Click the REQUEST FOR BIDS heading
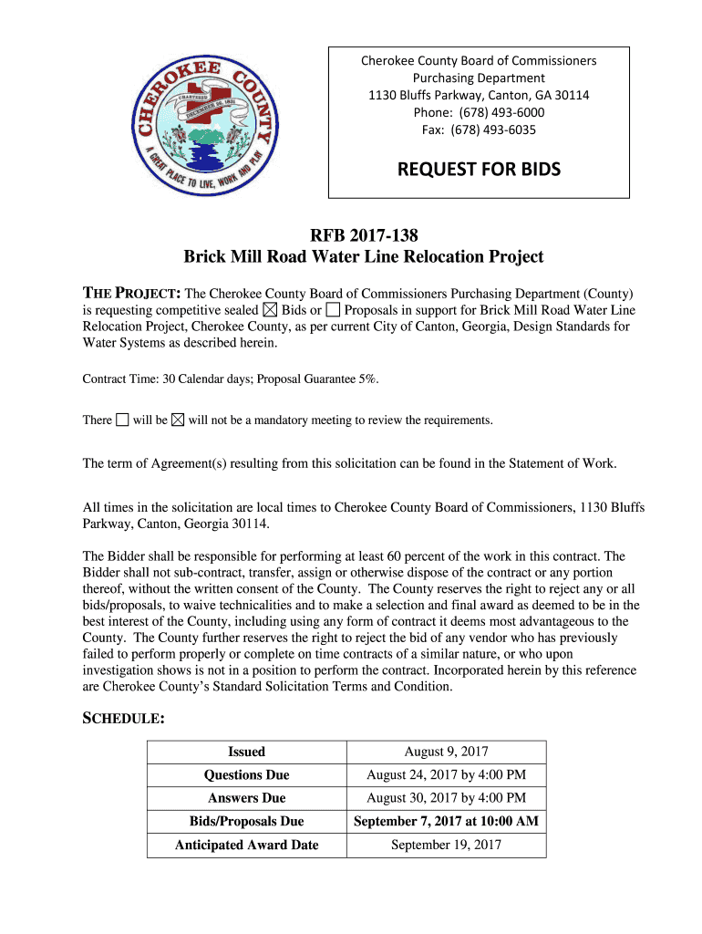pyautogui.click(x=479, y=169)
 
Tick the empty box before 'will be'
pyautogui.click(x=122, y=420)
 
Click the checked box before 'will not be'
pyautogui.click(x=178, y=420)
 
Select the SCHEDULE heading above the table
pyautogui.click(x=124, y=719)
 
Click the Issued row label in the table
pyautogui.click(x=246, y=752)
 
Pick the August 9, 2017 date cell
pyautogui.click(x=446, y=752)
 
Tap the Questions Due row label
pyautogui.click(x=246, y=775)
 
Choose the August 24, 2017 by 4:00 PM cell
pyautogui.click(x=446, y=775)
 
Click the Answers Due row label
pyautogui.click(x=246, y=798)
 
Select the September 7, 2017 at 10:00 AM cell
pyautogui.click(x=446, y=822)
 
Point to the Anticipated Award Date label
pyautogui.click(x=246, y=846)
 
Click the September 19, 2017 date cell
pyautogui.click(x=446, y=846)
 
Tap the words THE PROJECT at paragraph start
pyautogui.click(x=131, y=294)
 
